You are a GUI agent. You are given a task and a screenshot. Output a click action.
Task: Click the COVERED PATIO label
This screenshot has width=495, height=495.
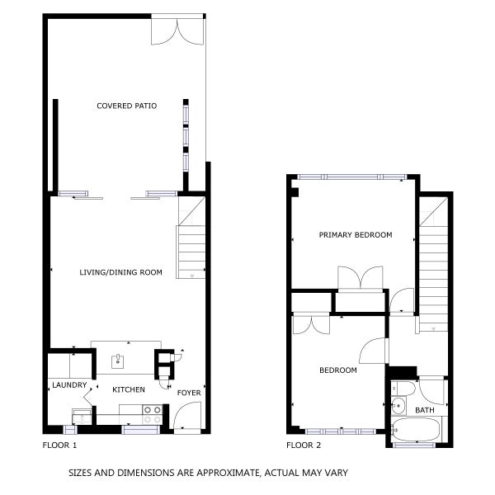126,106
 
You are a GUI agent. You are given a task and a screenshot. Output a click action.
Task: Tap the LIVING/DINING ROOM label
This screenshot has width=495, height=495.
120,272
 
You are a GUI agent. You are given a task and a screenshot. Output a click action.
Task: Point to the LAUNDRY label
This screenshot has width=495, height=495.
68,384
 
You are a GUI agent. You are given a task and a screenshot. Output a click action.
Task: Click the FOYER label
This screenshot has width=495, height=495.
189,393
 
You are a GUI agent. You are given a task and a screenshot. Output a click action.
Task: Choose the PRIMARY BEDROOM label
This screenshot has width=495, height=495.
356,235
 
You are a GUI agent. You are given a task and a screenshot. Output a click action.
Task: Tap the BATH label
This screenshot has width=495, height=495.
424,410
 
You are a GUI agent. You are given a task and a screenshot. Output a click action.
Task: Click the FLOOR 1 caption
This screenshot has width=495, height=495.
59,445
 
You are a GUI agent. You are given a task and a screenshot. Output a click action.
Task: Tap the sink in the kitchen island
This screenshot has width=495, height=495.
118,360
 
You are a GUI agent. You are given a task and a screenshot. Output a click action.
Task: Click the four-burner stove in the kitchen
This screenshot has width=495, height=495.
153,414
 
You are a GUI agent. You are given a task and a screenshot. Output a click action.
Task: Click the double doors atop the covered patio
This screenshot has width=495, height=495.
177,30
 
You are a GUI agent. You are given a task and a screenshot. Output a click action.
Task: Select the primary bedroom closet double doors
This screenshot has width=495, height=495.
361,278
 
